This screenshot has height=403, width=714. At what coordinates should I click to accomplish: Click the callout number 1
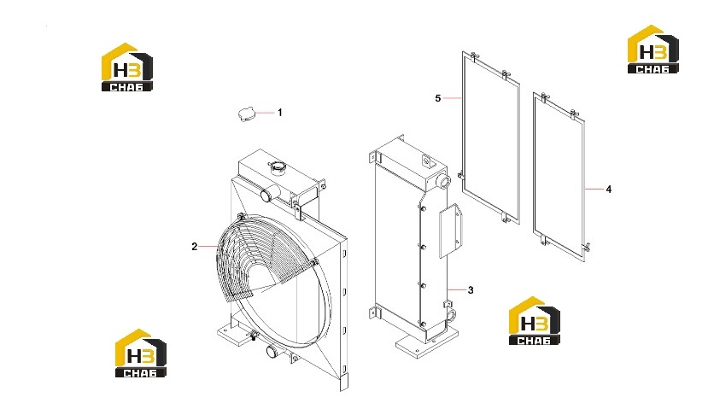pos(280,112)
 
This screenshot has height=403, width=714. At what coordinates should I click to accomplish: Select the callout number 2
pos(195,247)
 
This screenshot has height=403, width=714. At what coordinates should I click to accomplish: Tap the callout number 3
pos(471,290)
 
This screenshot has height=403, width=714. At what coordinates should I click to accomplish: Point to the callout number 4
pos(609,189)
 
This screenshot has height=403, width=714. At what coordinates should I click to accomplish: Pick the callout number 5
pos(438,98)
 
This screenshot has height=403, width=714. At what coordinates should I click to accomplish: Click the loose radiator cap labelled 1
pos(246,114)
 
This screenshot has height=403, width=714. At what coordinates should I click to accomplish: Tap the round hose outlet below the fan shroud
pos(272,352)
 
